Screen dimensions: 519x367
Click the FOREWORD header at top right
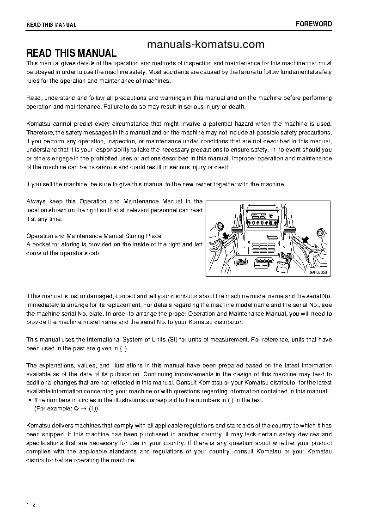point(313,24)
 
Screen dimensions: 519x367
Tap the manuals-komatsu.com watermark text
point(206,44)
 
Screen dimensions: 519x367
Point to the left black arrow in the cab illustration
point(226,236)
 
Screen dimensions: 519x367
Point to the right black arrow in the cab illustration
point(305,239)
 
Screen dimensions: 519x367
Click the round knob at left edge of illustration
point(220,226)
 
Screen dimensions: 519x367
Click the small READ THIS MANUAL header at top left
point(51,25)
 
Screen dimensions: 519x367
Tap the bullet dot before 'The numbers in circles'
point(30,400)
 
